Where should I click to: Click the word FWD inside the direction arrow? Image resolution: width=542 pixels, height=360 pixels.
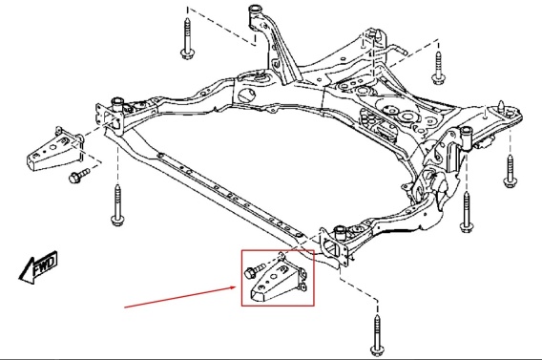tap(45, 265)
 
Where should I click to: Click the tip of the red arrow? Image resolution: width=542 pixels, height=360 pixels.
tap(237, 286)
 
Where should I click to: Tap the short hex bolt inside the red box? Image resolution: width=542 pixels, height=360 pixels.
tap(254, 270)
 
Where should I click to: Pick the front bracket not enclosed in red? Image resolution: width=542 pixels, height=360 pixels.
tap(55, 150)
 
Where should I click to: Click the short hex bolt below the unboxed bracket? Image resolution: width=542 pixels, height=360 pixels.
tap(79, 175)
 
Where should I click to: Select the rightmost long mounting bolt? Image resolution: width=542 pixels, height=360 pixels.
tap(511, 171)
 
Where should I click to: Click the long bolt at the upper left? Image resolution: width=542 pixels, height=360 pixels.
tap(187, 39)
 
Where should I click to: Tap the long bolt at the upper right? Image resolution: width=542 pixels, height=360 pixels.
tap(438, 68)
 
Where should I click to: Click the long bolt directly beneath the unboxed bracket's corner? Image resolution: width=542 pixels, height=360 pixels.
tap(118, 205)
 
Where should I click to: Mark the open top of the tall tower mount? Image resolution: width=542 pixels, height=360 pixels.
tap(255, 8)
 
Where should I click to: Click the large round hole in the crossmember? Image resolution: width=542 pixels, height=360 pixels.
tap(247, 95)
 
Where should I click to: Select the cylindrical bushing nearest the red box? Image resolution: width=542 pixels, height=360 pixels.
tap(341, 232)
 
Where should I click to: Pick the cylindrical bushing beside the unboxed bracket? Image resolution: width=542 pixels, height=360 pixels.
tap(116, 104)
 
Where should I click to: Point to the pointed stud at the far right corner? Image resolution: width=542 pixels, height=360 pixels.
tap(501, 106)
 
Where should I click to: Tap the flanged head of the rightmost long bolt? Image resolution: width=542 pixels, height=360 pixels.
tap(511, 182)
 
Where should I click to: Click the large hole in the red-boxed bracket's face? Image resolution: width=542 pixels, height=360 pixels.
tap(274, 277)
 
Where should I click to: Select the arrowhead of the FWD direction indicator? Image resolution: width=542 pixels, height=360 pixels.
tap(27, 271)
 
